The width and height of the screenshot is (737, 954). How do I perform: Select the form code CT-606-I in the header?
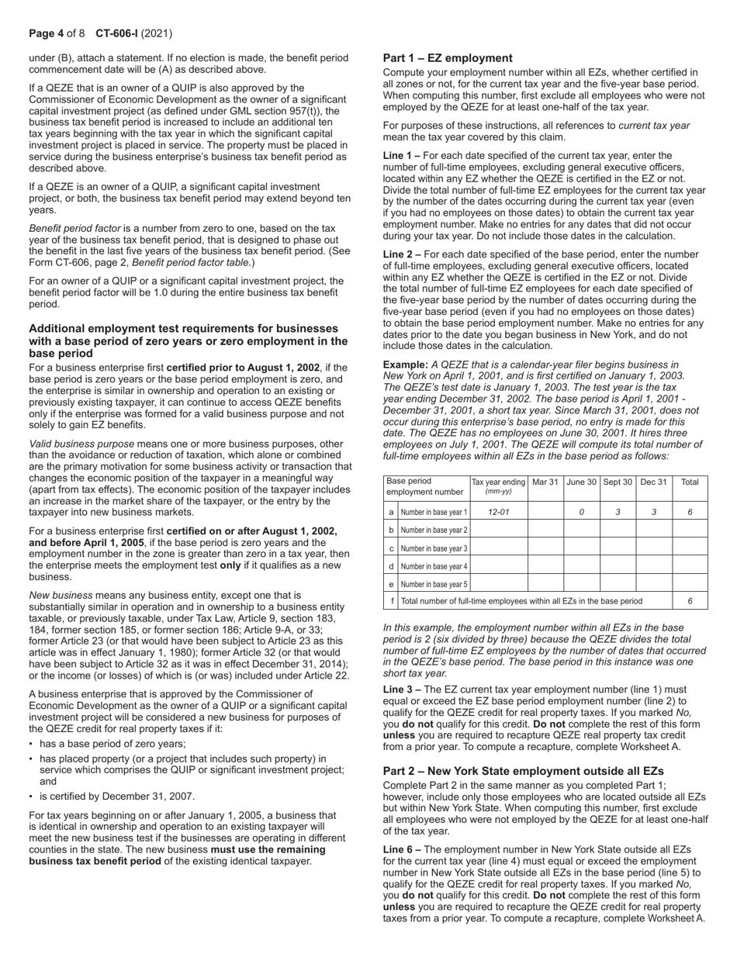pyautogui.click(x=117, y=34)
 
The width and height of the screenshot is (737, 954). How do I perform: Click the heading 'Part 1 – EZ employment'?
pyautogui.click(x=448, y=58)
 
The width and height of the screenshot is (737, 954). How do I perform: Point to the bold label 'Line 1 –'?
pyautogui.click(x=402, y=156)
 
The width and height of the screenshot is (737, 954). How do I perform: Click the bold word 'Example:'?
pyautogui.click(x=406, y=365)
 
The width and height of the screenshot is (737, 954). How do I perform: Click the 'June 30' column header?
pyautogui.click(x=581, y=482)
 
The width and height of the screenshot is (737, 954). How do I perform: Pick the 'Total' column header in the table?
pyautogui.click(x=689, y=482)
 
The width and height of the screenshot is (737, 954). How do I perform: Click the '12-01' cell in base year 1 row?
pyautogui.click(x=498, y=512)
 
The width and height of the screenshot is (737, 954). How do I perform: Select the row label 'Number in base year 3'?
pyautogui.click(x=434, y=548)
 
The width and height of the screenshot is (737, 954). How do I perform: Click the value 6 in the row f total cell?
pyautogui.click(x=689, y=601)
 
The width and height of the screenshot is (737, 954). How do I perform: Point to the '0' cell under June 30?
pyautogui.click(x=581, y=512)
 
